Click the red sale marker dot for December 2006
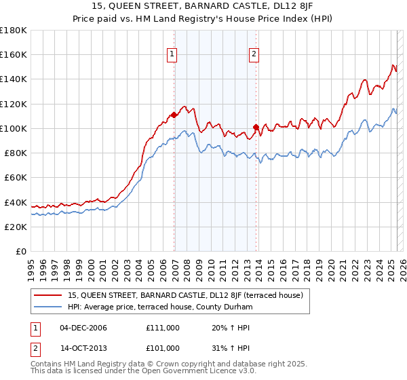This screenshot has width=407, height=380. click(x=174, y=115)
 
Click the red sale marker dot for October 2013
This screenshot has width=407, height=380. click(x=256, y=127)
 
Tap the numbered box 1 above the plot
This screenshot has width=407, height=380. click(x=172, y=55)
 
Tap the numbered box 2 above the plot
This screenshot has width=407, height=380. click(x=254, y=55)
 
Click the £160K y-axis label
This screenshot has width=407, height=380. click(x=14, y=54)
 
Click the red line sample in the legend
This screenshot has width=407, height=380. click(x=49, y=295)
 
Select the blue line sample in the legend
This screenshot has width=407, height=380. click(x=49, y=307)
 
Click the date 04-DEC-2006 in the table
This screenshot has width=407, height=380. click(x=83, y=328)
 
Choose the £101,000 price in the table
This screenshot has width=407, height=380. click(x=163, y=348)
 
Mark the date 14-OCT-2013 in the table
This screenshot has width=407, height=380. click(x=83, y=348)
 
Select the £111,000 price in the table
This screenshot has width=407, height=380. click(x=163, y=328)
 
